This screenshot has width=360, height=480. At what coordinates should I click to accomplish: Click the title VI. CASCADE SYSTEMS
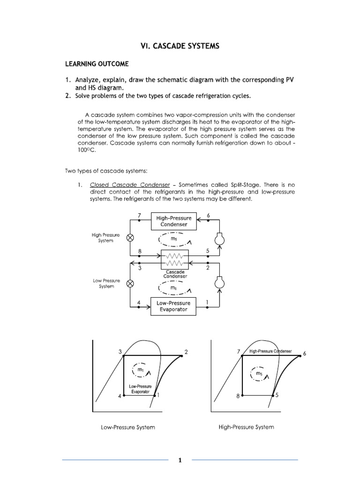[x=180, y=46]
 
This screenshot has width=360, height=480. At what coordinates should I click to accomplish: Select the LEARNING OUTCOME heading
[x=97, y=63]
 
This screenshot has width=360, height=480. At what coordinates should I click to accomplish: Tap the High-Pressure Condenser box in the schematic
[x=174, y=221]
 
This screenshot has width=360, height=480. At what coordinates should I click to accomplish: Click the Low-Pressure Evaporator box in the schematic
[x=174, y=306]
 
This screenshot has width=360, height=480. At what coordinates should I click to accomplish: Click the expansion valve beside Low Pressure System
[x=130, y=283]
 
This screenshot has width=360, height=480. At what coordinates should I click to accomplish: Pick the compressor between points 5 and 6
[x=218, y=240]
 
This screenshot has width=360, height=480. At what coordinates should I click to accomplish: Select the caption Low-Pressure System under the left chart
[x=128, y=427]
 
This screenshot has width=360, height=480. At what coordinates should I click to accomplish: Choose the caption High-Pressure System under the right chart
[x=246, y=427]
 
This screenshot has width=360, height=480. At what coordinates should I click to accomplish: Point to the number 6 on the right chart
[x=304, y=353]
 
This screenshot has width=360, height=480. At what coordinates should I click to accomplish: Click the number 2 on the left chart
[x=186, y=352]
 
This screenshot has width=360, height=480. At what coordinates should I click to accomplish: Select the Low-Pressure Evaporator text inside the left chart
[x=140, y=388]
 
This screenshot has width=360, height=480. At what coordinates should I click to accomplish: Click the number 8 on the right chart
[x=238, y=396]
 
